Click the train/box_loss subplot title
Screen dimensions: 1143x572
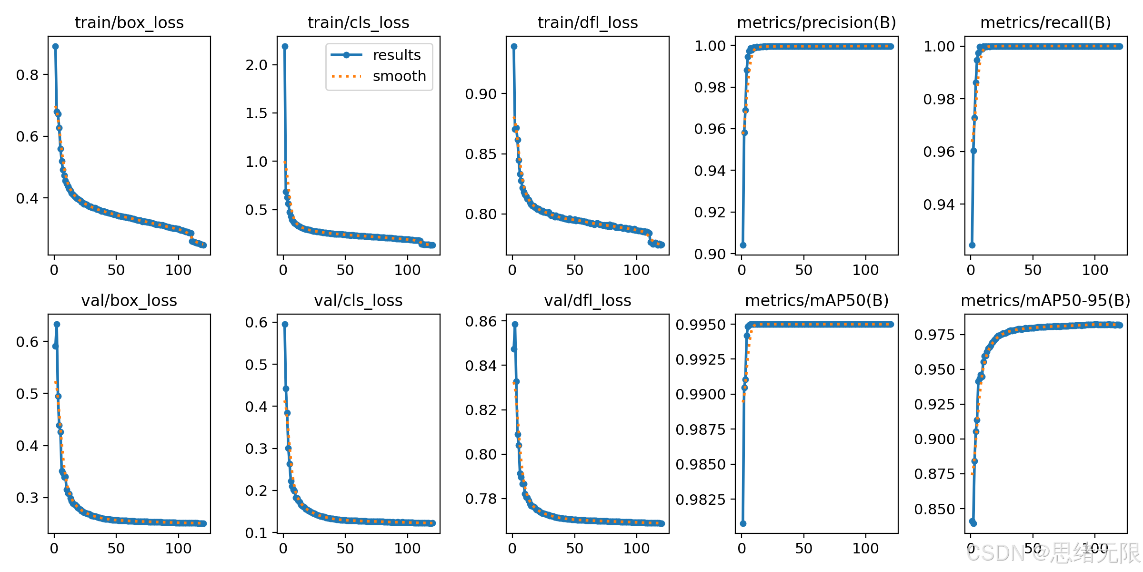129,22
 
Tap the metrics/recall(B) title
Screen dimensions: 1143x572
1045,22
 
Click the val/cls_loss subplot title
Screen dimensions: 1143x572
358,300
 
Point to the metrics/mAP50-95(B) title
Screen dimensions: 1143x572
1045,300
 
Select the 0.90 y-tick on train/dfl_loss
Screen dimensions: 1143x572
481,94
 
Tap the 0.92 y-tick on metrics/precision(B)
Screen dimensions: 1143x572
710,212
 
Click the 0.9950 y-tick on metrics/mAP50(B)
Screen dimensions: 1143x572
701,325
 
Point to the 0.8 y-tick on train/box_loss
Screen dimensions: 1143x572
27,75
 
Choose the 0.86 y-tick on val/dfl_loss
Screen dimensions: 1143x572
481,322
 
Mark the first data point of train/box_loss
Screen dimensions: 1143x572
55,46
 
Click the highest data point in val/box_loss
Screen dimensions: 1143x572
57,324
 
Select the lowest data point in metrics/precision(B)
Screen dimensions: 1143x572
743,245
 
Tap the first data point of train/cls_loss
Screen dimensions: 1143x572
285,46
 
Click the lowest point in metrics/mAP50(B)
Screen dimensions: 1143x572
743,523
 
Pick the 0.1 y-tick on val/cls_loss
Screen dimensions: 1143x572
256,533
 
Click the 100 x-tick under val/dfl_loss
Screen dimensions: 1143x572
636,549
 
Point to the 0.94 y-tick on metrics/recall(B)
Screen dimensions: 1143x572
939,204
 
